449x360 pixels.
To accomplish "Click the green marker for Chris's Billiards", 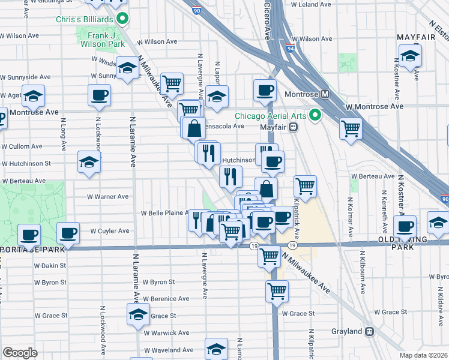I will [122, 19].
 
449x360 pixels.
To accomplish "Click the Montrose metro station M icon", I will [325, 94].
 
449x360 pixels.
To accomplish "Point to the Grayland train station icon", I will [370, 331].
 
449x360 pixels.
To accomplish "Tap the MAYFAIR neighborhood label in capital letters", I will [416, 37].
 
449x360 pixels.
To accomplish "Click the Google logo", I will [20, 352].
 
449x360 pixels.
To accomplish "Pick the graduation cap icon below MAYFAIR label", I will [411, 56].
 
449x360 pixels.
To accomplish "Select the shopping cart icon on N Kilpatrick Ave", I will [305, 185].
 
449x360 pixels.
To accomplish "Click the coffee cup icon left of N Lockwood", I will [99, 94].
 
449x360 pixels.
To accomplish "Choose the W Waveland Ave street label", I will [169, 350].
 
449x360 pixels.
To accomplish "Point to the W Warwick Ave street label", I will [167, 332].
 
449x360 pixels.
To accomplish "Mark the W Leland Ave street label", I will [308, 4].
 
